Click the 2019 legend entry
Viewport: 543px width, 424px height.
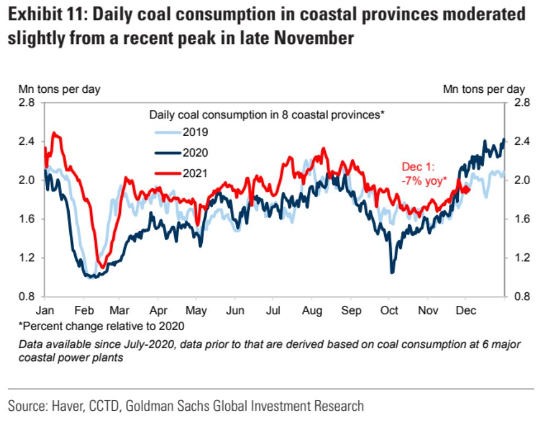pos(182,132)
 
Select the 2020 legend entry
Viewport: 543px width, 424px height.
pos(182,153)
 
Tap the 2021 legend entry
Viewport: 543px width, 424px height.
pos(182,174)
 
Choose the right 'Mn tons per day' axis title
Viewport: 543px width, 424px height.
pos(484,89)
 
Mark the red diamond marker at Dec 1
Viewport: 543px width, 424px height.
pos(466,189)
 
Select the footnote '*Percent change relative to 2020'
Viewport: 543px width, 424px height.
pos(102,326)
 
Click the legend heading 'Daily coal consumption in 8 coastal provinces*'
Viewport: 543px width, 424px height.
pos(267,115)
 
